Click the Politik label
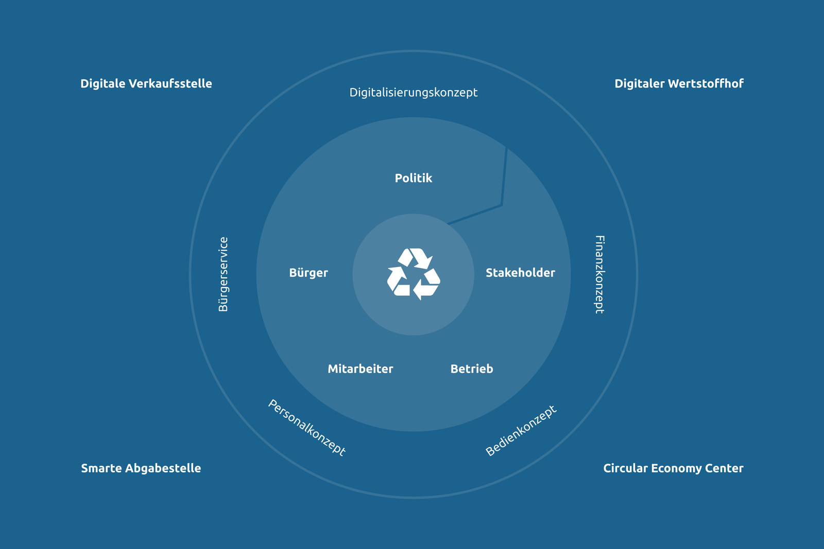413,178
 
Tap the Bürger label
308,273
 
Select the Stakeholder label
520,273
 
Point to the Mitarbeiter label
360,368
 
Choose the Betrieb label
472,368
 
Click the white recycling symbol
414,274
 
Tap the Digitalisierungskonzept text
413,93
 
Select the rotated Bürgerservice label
223,275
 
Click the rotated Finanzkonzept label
600,275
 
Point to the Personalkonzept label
306,428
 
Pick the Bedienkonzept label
521,430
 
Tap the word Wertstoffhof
706,84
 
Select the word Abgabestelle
163,468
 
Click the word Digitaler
639,84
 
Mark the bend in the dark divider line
502,205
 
